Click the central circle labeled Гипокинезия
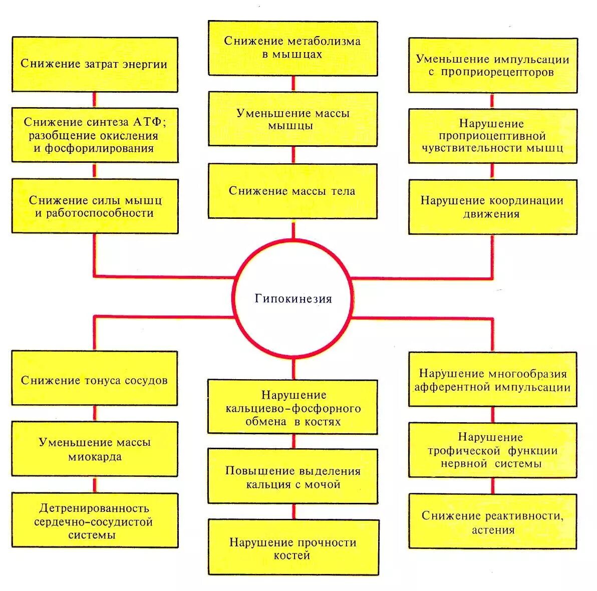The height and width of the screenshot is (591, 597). point(293,299)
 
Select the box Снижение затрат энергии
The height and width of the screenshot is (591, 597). point(95,64)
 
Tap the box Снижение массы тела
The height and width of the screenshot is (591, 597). point(293,190)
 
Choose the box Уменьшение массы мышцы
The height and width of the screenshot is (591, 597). point(293,119)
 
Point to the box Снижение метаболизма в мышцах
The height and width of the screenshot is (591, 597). point(293,48)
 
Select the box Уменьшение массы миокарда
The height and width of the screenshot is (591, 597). point(95,449)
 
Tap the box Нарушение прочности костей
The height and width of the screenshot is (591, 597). point(293,548)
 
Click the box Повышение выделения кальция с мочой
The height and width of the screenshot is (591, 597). point(293,477)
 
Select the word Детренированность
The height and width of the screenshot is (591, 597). point(94,508)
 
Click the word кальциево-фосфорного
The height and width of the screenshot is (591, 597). point(293,409)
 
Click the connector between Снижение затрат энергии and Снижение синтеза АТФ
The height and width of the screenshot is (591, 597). point(95,99)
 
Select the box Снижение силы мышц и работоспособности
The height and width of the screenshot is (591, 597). point(95,206)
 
